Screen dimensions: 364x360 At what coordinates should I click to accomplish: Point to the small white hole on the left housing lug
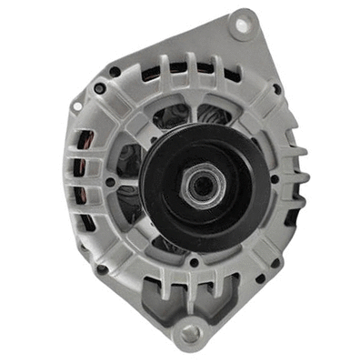pos(76,106)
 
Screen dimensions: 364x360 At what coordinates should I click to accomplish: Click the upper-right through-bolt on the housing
pos(275,90)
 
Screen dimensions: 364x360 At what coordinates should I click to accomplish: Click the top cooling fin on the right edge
pos(295,146)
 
